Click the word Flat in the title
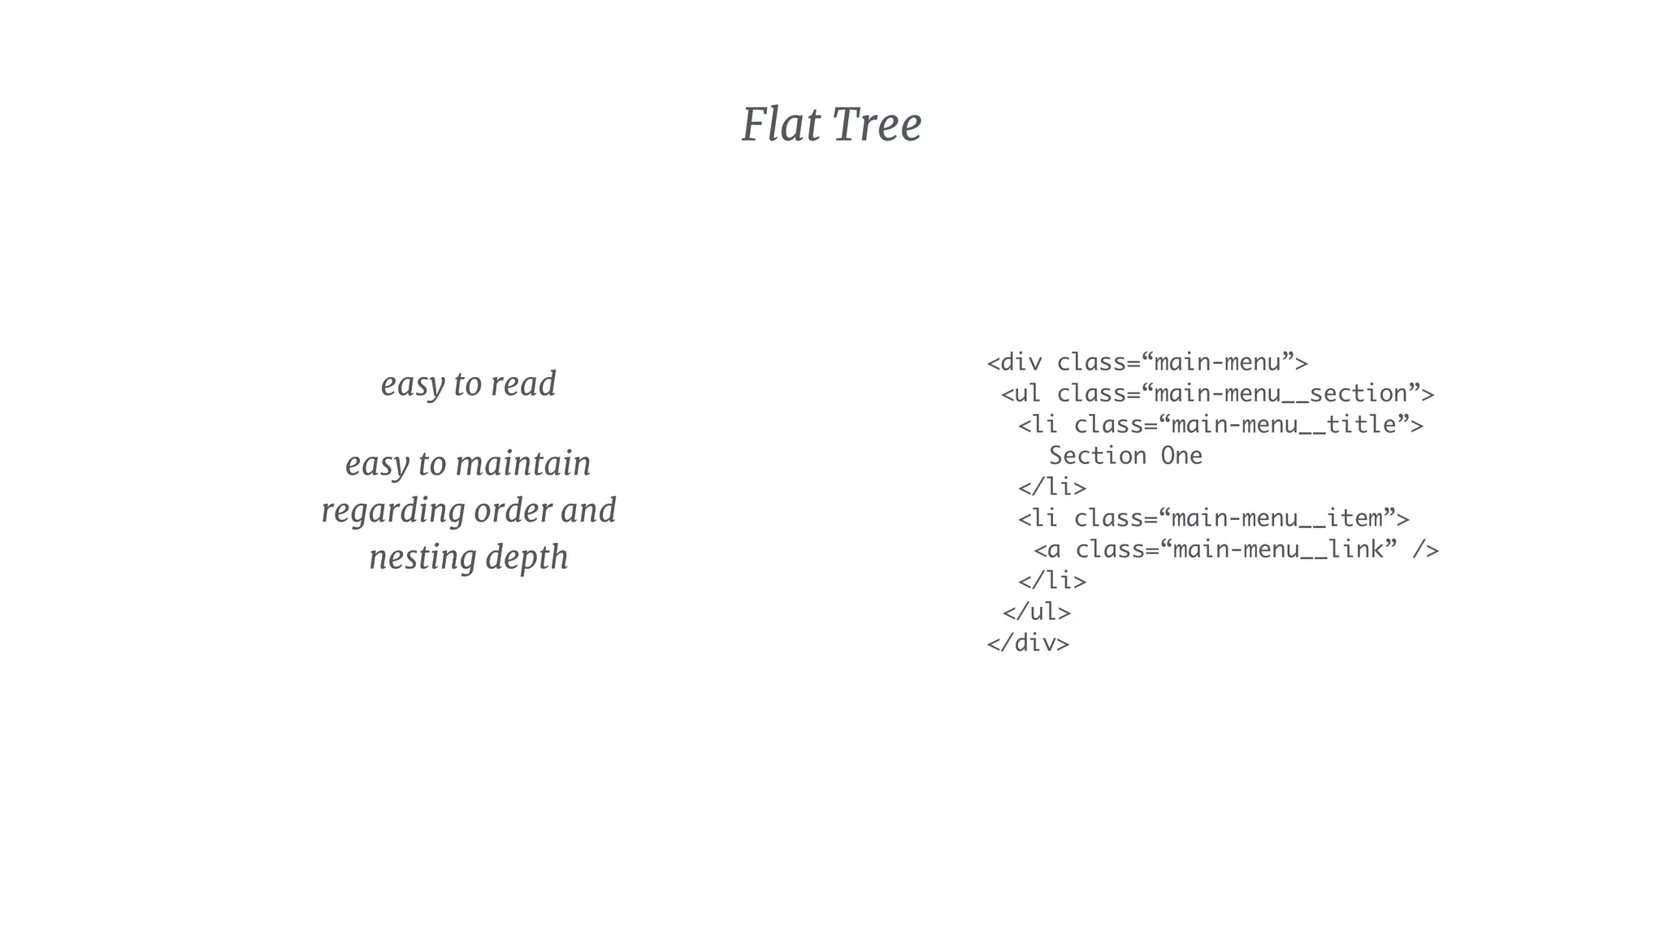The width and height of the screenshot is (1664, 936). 780,125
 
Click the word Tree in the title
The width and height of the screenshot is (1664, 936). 877,125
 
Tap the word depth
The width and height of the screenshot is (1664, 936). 526,558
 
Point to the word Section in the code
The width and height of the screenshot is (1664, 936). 1098,456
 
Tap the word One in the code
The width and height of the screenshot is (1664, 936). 1181,456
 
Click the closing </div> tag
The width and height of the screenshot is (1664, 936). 1028,643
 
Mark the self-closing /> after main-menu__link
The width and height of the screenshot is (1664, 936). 1425,550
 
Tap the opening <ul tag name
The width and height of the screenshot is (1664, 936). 1027,394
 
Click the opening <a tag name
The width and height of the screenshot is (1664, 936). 1053,550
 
